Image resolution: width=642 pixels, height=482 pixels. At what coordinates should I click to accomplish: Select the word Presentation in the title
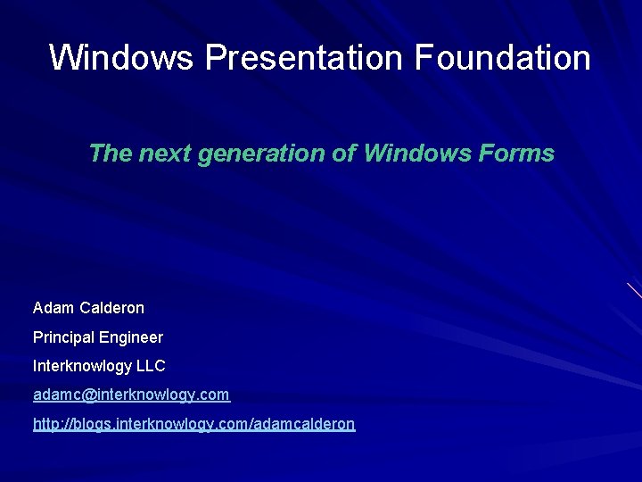tap(304, 58)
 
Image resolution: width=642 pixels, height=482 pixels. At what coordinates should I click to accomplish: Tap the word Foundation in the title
tap(502, 58)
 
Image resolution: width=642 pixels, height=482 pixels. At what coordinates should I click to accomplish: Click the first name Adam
tap(53, 308)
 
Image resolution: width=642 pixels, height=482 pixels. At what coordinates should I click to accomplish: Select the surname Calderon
tap(111, 308)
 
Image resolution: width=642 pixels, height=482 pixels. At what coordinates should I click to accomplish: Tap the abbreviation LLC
tap(150, 366)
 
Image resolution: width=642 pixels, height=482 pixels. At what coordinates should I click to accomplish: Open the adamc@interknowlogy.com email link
tap(131, 395)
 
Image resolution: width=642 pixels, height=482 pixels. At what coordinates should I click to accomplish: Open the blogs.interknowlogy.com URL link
tap(193, 424)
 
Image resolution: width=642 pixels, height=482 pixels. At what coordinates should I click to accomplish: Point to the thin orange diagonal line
tap(634, 290)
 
